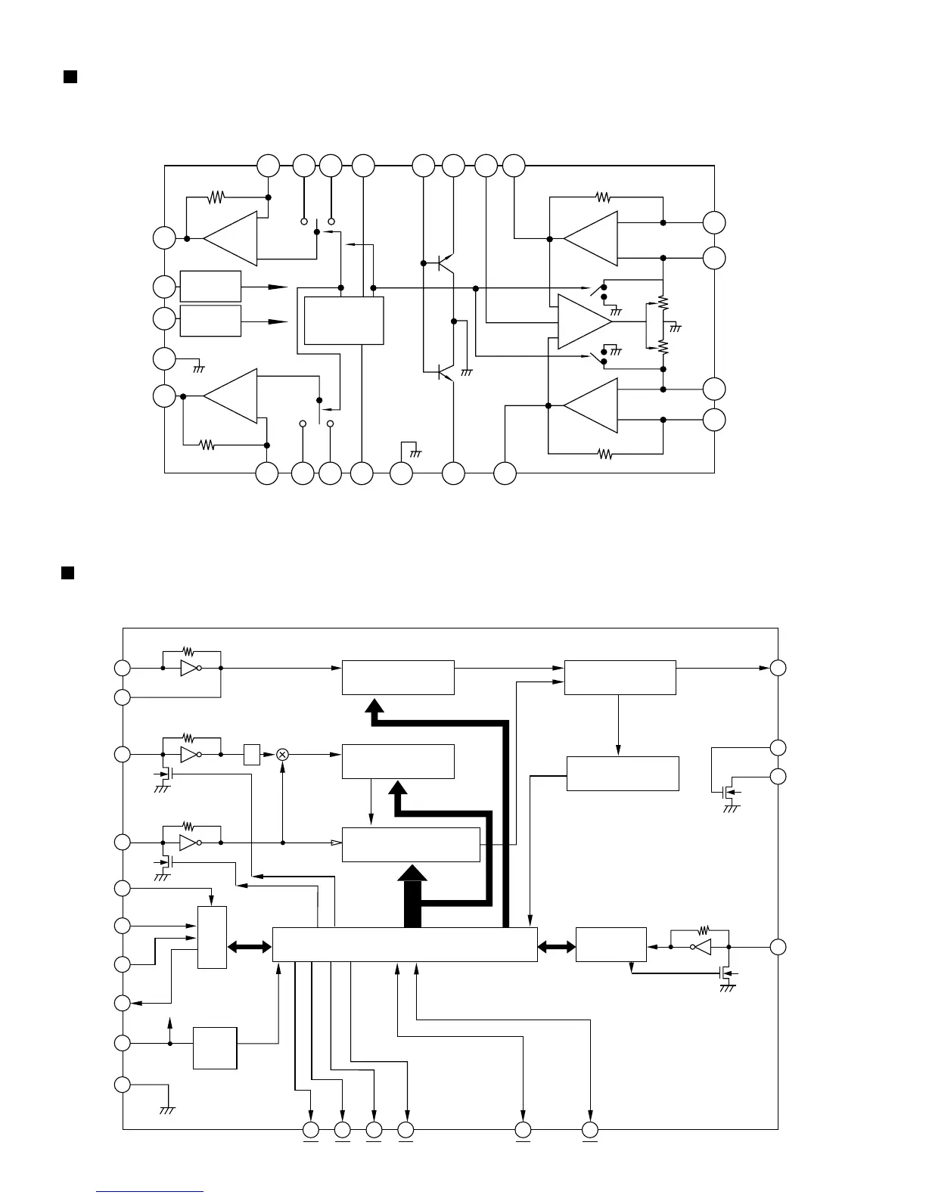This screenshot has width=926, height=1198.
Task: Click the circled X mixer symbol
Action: pyautogui.click(x=282, y=754)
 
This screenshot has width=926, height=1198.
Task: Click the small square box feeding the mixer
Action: pyautogui.click(x=252, y=754)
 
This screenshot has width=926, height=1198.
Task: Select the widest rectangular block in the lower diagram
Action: pyautogui.click(x=405, y=945)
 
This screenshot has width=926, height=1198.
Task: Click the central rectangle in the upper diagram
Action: pyautogui.click(x=343, y=321)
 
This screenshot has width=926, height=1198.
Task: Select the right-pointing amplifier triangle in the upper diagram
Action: pyautogui.click(x=584, y=321)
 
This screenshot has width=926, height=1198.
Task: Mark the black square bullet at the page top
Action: pyautogui.click(x=70, y=77)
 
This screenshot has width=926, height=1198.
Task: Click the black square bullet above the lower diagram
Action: pyautogui.click(x=67, y=572)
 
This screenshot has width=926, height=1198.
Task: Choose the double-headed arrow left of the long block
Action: pyautogui.click(x=249, y=946)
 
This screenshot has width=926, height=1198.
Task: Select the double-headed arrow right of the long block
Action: pyautogui.click(x=556, y=946)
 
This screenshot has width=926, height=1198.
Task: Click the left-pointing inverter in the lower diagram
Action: pyautogui.click(x=701, y=946)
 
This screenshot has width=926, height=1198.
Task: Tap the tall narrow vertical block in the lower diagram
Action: pyautogui.click(x=212, y=937)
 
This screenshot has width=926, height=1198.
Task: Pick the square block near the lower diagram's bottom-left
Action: pyautogui.click(x=215, y=1047)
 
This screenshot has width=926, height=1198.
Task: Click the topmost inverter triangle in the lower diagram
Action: pyautogui.click(x=190, y=668)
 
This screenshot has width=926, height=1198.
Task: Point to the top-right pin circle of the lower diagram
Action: pyautogui.click(x=778, y=668)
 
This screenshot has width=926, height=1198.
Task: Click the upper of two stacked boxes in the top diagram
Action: pyautogui.click(x=210, y=287)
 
